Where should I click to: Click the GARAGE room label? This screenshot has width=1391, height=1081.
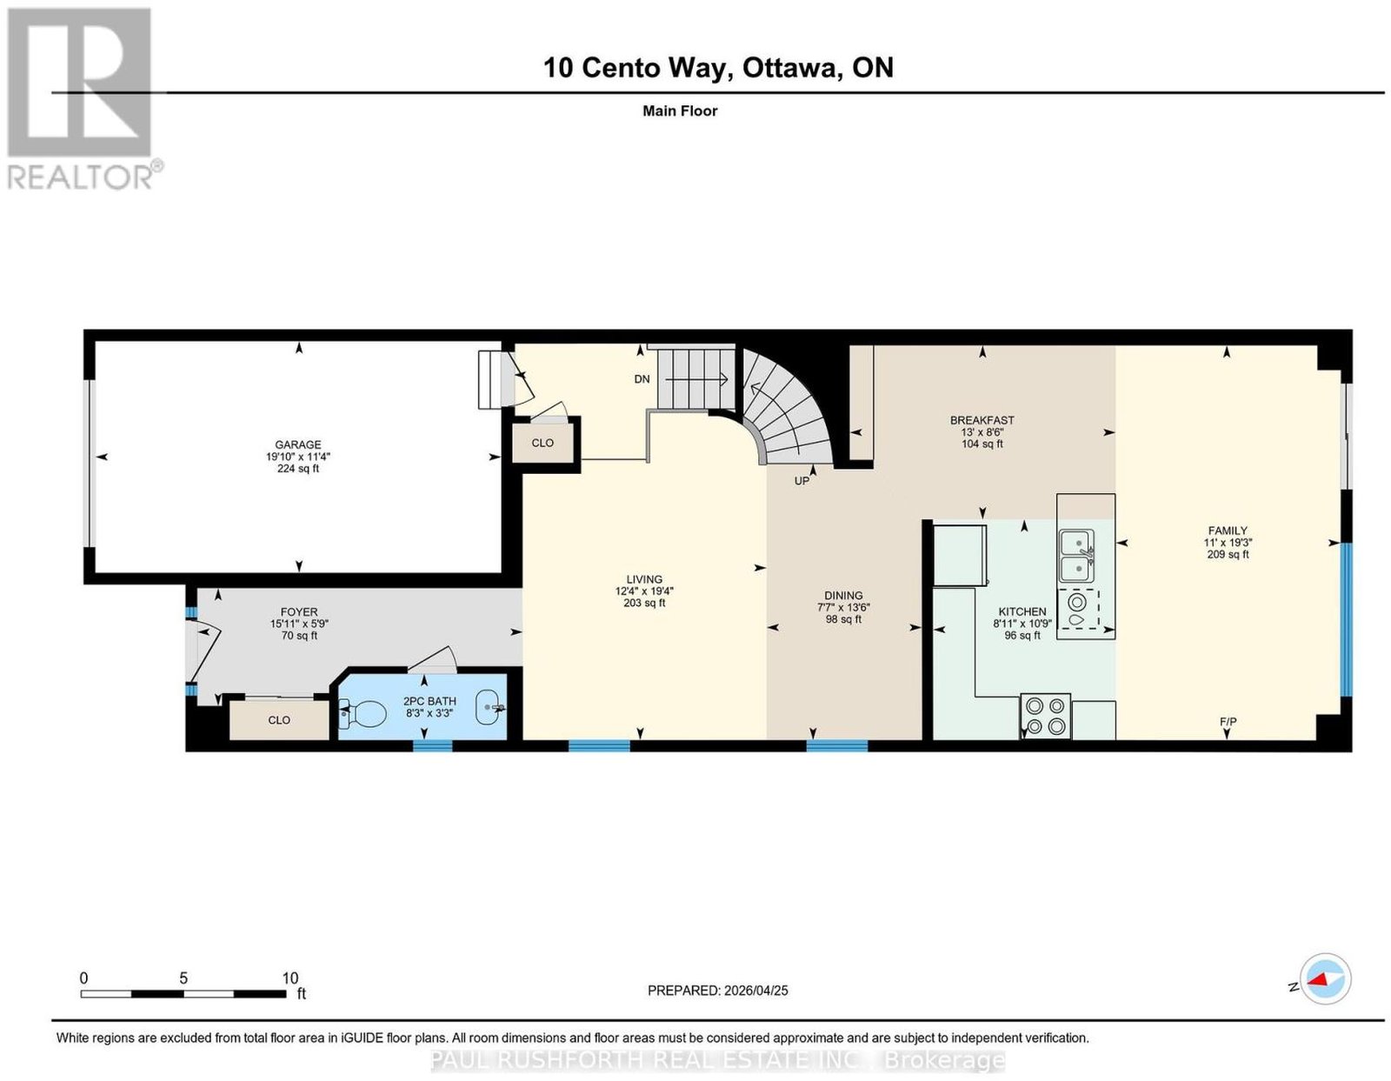297,444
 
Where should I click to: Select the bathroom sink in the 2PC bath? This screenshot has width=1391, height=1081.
490,707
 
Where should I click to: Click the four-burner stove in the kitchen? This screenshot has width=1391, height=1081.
1045,717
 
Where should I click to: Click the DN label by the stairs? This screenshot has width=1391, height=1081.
642,379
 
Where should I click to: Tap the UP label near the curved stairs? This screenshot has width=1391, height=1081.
802,481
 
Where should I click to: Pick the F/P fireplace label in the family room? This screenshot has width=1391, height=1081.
1228,722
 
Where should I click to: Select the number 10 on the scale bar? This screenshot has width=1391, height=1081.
290,978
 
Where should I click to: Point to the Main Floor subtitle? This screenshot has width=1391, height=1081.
680,110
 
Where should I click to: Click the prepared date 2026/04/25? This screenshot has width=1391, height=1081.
756,991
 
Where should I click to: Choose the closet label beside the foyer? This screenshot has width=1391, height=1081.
278,720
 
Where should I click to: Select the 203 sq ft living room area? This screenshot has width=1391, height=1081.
644,603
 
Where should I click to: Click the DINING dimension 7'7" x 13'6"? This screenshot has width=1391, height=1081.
843,607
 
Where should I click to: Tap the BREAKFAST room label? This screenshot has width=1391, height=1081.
982,421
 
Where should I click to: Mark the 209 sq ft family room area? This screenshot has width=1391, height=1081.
1228,554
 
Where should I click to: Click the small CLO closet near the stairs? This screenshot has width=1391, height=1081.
542,443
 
